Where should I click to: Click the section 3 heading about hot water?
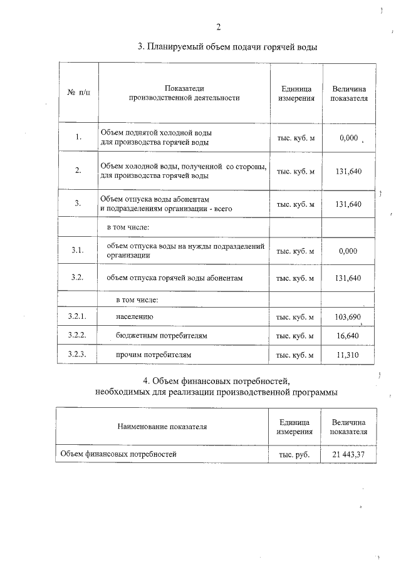(227, 47)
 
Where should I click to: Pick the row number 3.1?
(78, 251)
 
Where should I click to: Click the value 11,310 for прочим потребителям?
(348, 355)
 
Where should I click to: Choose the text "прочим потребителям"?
(153, 355)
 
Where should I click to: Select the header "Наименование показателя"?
(162, 427)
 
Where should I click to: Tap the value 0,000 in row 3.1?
(348, 251)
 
